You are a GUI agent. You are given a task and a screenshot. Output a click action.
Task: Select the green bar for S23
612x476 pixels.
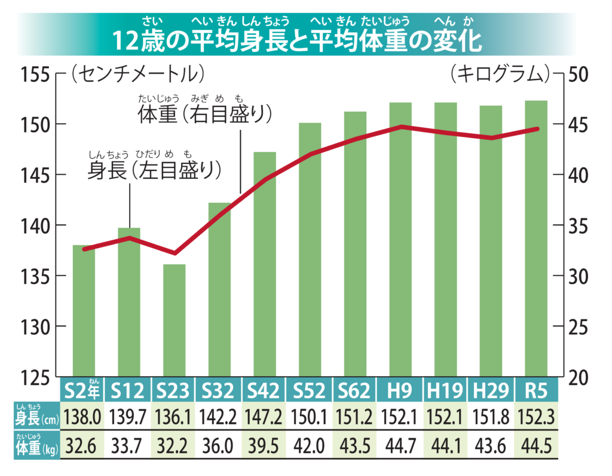point(175,321)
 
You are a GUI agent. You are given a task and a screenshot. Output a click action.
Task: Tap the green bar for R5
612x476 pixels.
point(535,239)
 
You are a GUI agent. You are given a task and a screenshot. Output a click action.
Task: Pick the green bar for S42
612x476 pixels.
point(265,264)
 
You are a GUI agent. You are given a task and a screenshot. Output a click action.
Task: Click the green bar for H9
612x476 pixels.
point(400,239)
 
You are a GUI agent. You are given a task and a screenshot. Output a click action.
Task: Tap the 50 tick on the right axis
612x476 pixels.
point(579,75)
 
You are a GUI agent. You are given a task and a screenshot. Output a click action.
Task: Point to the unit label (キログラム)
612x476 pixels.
point(500,74)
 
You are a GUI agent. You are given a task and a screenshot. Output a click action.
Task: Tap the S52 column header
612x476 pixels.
point(310,391)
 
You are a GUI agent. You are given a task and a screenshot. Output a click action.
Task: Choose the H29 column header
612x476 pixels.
point(490,391)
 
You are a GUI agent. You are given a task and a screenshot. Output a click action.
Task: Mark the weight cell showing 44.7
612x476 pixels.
point(400,446)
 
